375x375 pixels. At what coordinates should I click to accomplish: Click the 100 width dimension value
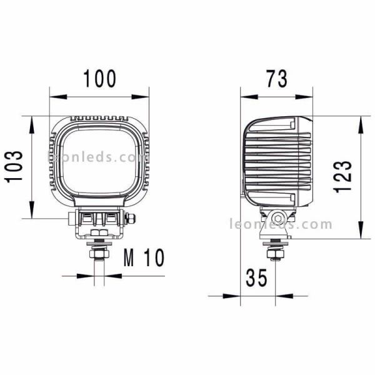point(99,79)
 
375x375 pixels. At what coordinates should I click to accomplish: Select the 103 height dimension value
point(15,167)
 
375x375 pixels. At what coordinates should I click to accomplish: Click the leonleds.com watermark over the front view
point(97,157)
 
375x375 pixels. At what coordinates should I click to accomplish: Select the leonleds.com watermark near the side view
point(281,224)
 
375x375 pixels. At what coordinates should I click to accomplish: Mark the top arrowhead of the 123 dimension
point(361,121)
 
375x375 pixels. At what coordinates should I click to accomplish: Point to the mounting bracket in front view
point(99,222)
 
